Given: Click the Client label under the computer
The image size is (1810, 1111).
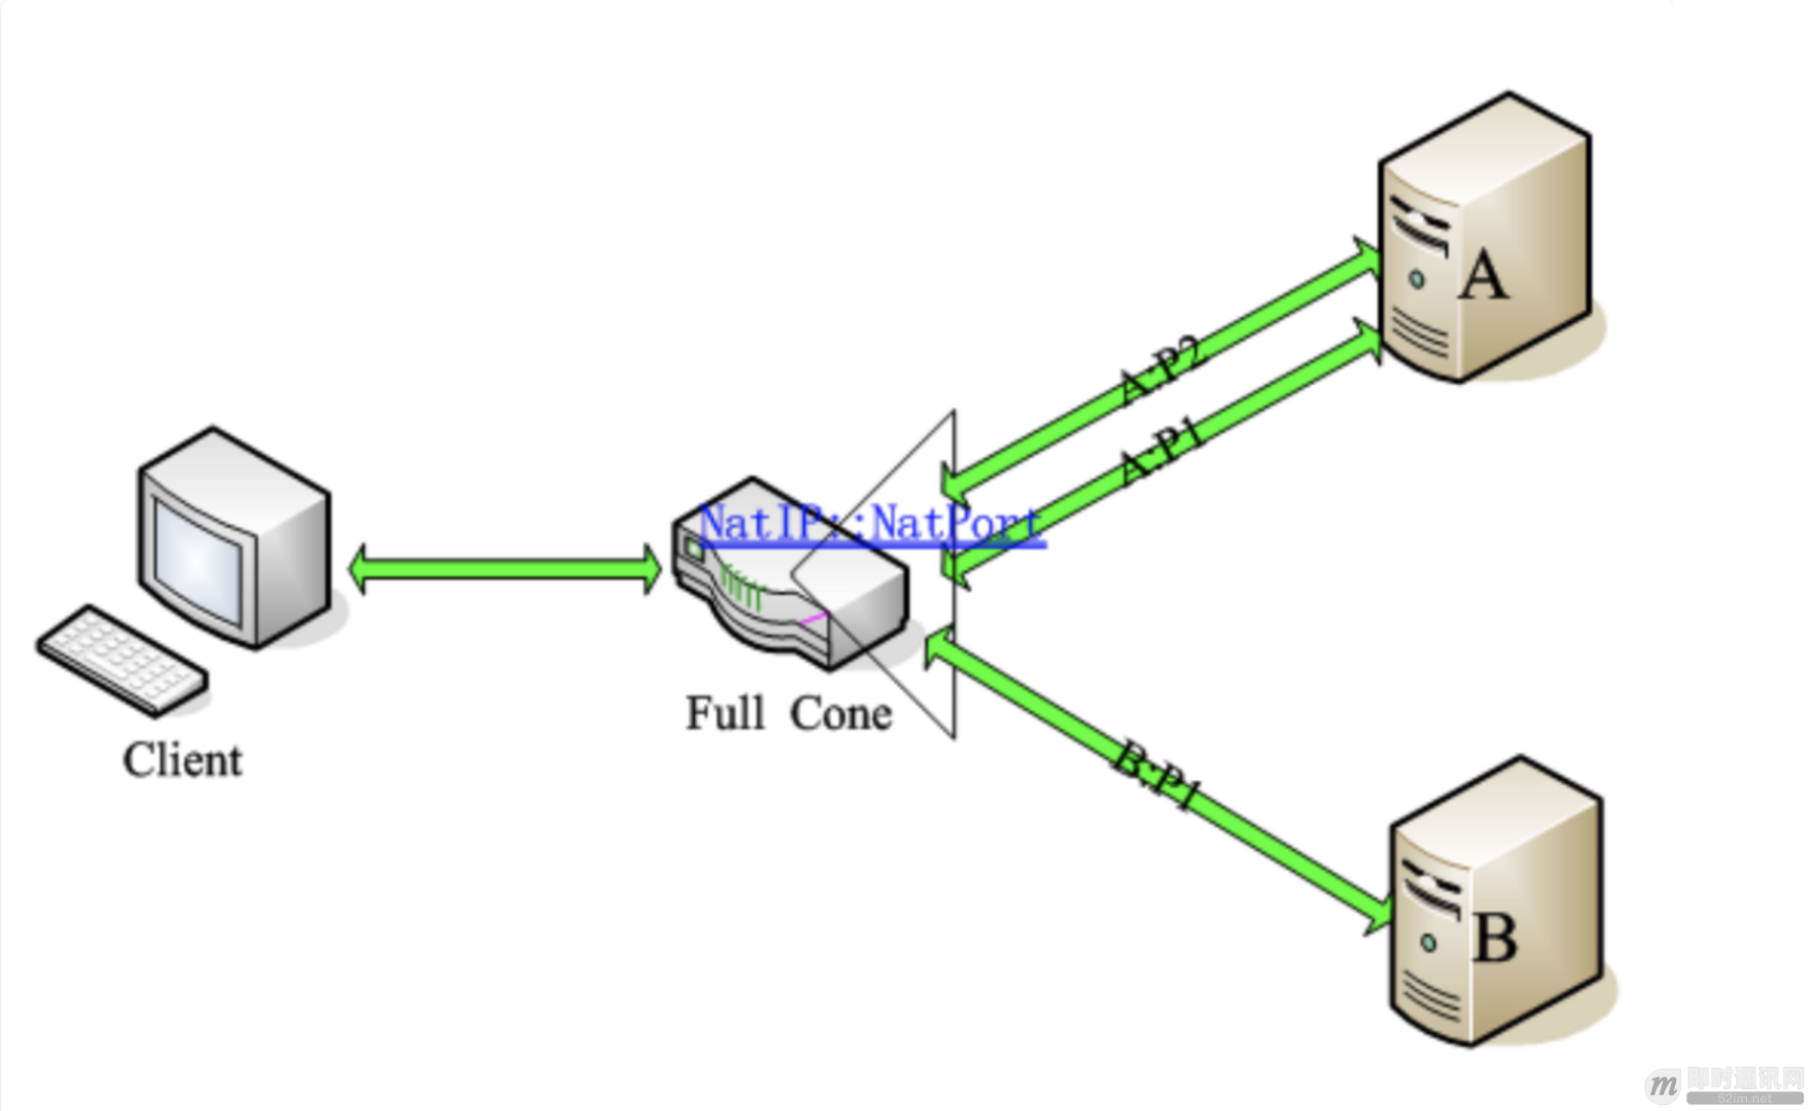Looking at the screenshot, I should click(182, 760).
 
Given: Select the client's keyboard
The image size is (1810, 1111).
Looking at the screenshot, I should click(122, 658).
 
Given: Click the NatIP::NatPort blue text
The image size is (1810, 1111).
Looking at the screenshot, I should click(871, 523).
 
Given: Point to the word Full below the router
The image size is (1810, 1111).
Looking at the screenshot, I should click(725, 713).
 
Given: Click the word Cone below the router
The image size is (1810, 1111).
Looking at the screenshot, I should click(841, 713).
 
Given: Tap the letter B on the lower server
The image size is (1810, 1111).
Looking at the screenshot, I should click(1494, 938).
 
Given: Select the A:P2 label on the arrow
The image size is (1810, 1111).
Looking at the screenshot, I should click(1162, 369).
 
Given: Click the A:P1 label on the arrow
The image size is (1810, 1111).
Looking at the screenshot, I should click(1162, 450).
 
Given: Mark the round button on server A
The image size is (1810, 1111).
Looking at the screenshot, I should click(1417, 280).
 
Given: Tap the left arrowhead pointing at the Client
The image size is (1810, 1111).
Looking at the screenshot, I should click(359, 569).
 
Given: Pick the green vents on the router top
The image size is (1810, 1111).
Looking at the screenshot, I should click(741, 589).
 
